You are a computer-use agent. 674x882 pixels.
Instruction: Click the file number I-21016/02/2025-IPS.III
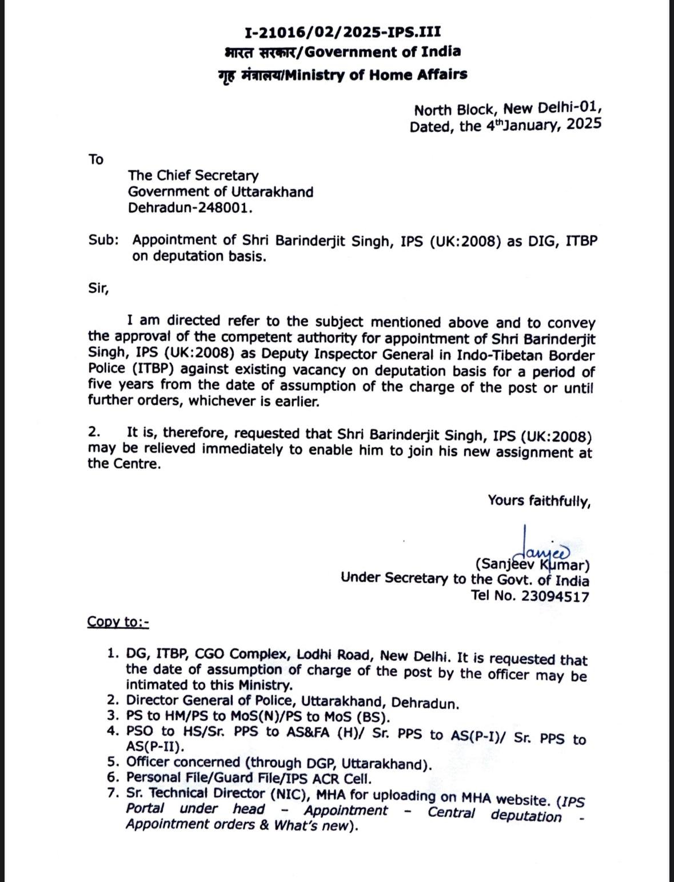coord(342,31)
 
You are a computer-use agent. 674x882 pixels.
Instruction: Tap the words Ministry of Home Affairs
coord(376,75)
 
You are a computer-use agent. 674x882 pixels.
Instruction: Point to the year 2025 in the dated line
coord(584,124)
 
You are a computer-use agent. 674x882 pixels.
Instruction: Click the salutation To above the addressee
coord(96,159)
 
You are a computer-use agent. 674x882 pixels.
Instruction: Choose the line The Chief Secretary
coord(193,175)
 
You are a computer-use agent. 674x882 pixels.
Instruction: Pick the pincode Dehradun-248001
coord(190,207)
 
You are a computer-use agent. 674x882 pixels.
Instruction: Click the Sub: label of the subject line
coord(103,240)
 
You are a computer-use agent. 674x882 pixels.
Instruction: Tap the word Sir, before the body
coord(98,288)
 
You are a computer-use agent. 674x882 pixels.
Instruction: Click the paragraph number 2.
coord(94,433)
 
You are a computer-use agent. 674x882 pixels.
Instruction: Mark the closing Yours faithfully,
coord(539,501)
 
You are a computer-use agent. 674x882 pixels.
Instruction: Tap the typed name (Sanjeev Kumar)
coord(533,565)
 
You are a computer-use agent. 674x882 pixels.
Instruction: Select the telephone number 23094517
coord(555,596)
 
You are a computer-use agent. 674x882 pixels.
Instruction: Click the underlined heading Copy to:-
coord(118,622)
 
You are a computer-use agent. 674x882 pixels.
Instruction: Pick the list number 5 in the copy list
coord(112,763)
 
